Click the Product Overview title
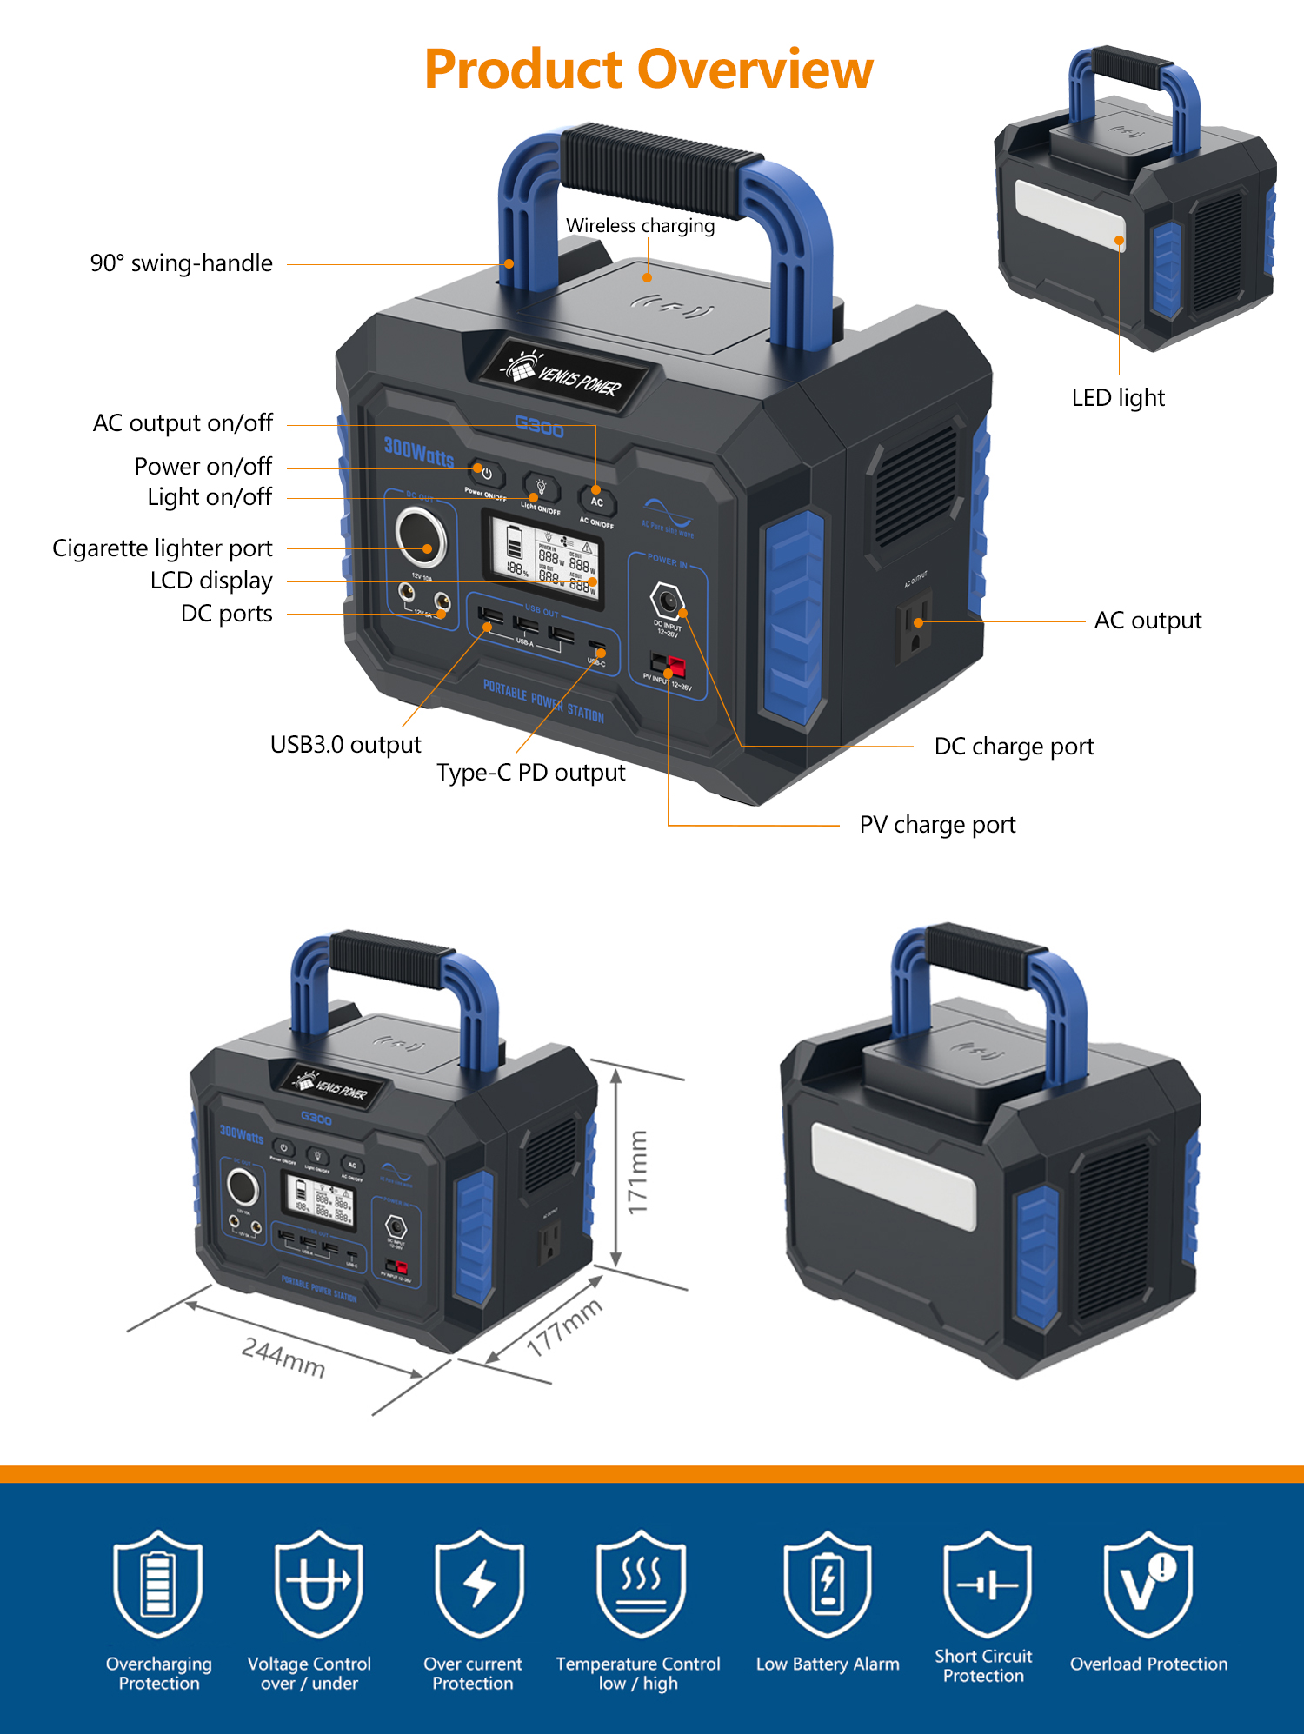click(649, 70)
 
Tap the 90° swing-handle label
click(181, 263)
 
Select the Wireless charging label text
click(640, 226)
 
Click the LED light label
click(1117, 398)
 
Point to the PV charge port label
click(936, 825)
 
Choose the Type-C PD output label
click(530, 773)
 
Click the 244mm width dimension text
click(283, 1358)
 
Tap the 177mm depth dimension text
click(564, 1327)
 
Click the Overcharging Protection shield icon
click(158, 1585)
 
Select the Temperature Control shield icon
click(641, 1585)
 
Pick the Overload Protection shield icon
click(1148, 1585)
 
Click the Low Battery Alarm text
click(827, 1664)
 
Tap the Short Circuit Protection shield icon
click(987, 1585)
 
